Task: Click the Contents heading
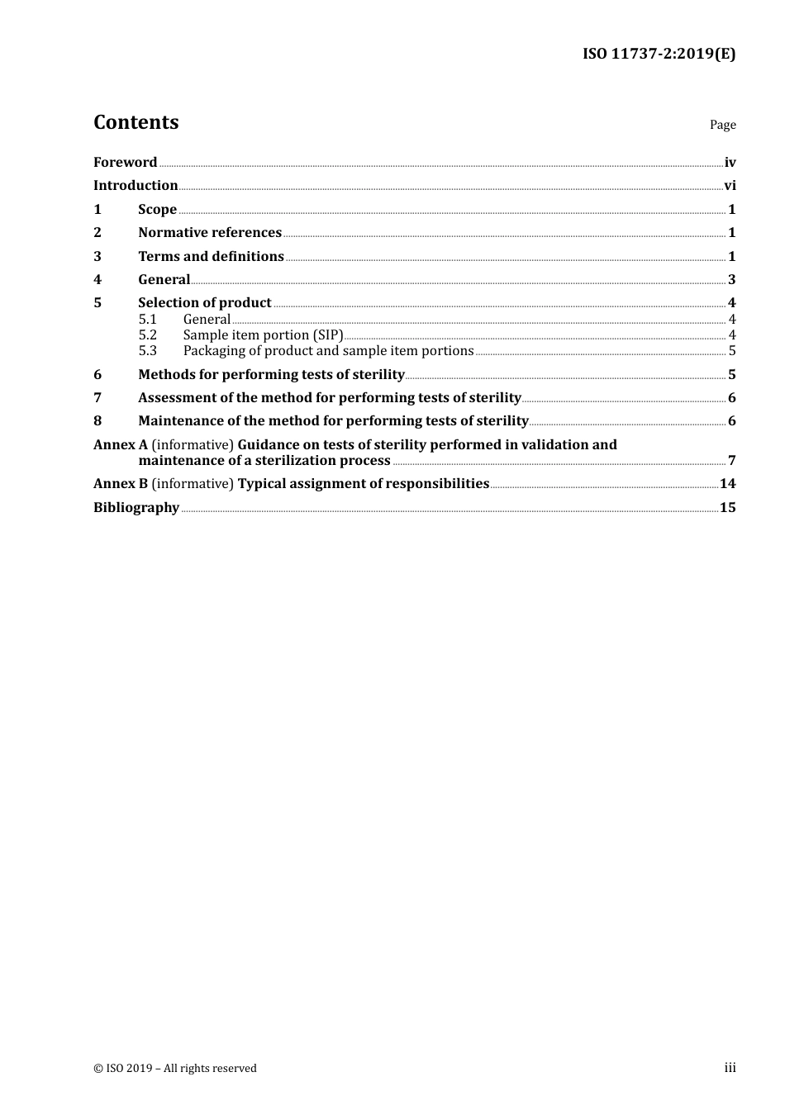pos(136,122)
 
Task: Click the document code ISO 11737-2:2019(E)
pos(659,55)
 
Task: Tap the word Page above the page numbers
pos(722,125)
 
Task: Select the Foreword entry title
pos(125,163)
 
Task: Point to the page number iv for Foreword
pos(730,163)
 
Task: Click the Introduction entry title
pos(136,186)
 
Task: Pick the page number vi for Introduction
pos(730,186)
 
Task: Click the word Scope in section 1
pos(157,210)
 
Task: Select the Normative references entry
pos(210,233)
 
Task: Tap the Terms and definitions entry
pos(211,257)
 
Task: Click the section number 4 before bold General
pos(98,280)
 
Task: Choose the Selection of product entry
pos(205,303)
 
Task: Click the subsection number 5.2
pos(148,335)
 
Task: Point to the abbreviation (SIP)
pos(328,335)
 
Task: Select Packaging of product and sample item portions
pos(328,351)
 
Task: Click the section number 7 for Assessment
pos(98,398)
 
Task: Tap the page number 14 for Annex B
pos(727,484)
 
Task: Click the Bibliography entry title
pos(136,508)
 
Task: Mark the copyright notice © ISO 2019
pos(175,1069)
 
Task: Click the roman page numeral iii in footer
pos(730,1068)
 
